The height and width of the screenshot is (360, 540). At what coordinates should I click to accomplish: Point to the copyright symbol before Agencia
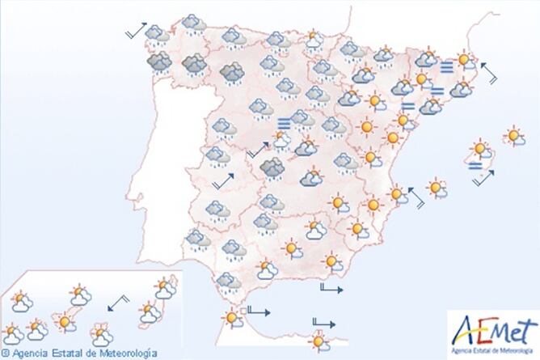coord(6,354)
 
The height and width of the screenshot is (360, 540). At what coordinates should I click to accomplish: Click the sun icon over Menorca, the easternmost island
coord(512,135)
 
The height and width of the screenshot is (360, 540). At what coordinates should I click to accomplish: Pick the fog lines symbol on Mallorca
coord(477,164)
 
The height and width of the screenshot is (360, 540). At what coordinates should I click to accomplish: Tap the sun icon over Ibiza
coord(437,188)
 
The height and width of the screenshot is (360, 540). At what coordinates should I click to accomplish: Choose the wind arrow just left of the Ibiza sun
coord(416,197)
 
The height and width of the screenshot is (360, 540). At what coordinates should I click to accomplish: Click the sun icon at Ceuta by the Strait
coord(233,318)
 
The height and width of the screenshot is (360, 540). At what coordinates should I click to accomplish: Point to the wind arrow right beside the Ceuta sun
coord(258,310)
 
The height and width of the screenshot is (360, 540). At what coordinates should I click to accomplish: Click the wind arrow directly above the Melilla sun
coord(322,325)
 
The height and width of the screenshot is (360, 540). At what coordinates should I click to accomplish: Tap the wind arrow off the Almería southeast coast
coord(331,288)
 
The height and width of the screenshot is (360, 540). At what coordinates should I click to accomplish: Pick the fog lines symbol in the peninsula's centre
coord(284,123)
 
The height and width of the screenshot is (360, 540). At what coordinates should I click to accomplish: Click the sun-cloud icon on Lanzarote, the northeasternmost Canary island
coord(166,286)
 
